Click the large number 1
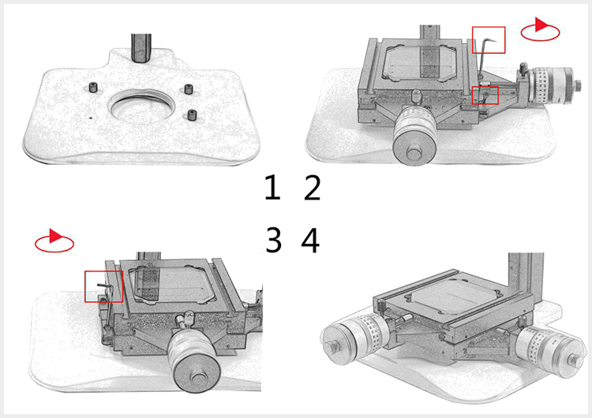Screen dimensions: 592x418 pos(272,187)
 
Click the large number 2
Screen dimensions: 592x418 pos(313,187)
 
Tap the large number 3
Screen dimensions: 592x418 pos(274,240)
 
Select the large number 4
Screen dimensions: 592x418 pos(310,240)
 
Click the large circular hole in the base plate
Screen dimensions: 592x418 pos(141,104)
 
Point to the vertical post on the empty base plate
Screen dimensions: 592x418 pos(141,48)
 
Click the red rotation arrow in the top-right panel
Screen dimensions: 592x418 pos(540,29)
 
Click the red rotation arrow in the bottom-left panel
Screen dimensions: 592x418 pos(54,241)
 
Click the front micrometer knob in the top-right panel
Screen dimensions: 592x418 pos(414,136)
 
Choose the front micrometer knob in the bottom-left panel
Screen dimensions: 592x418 pos(193,360)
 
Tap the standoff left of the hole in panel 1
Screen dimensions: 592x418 pos(93,88)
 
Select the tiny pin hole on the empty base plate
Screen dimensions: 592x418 pos(91,118)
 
